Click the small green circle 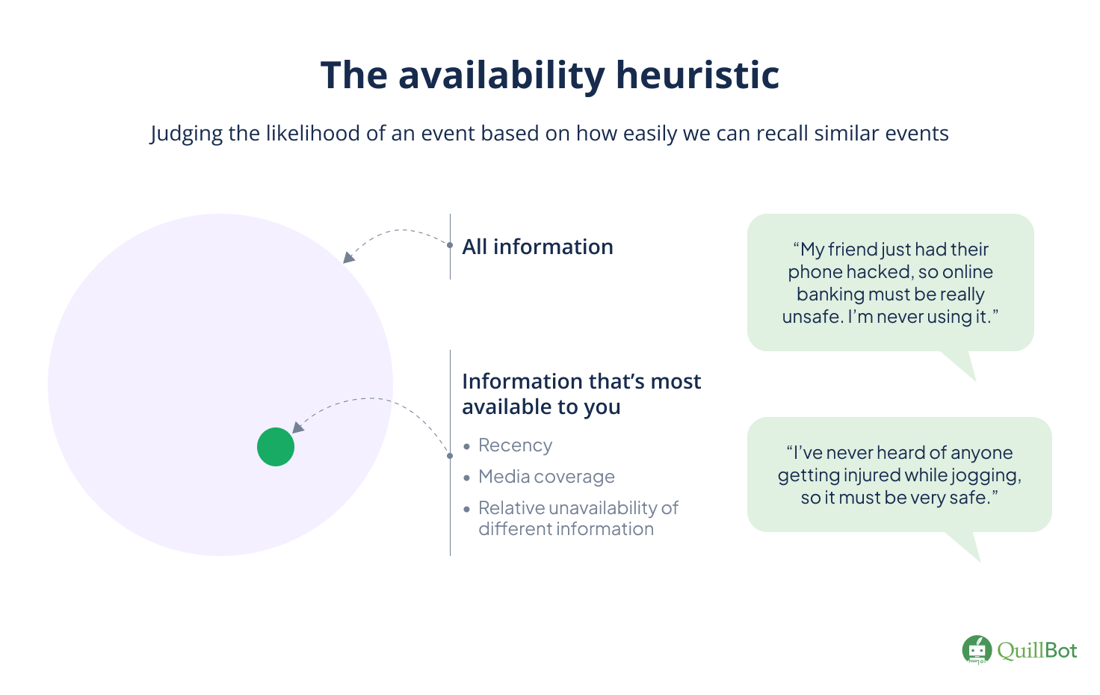[x=276, y=447]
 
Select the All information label [x=537, y=247]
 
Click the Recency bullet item [x=515, y=445]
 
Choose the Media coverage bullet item [x=546, y=477]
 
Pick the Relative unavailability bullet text [x=578, y=518]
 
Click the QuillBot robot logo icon [x=977, y=650]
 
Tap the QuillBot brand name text [x=1037, y=650]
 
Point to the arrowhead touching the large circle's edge [x=348, y=258]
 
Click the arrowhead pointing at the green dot [x=298, y=427]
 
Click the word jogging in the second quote [x=986, y=475]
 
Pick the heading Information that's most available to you [x=581, y=394]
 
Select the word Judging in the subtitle [x=186, y=134]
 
